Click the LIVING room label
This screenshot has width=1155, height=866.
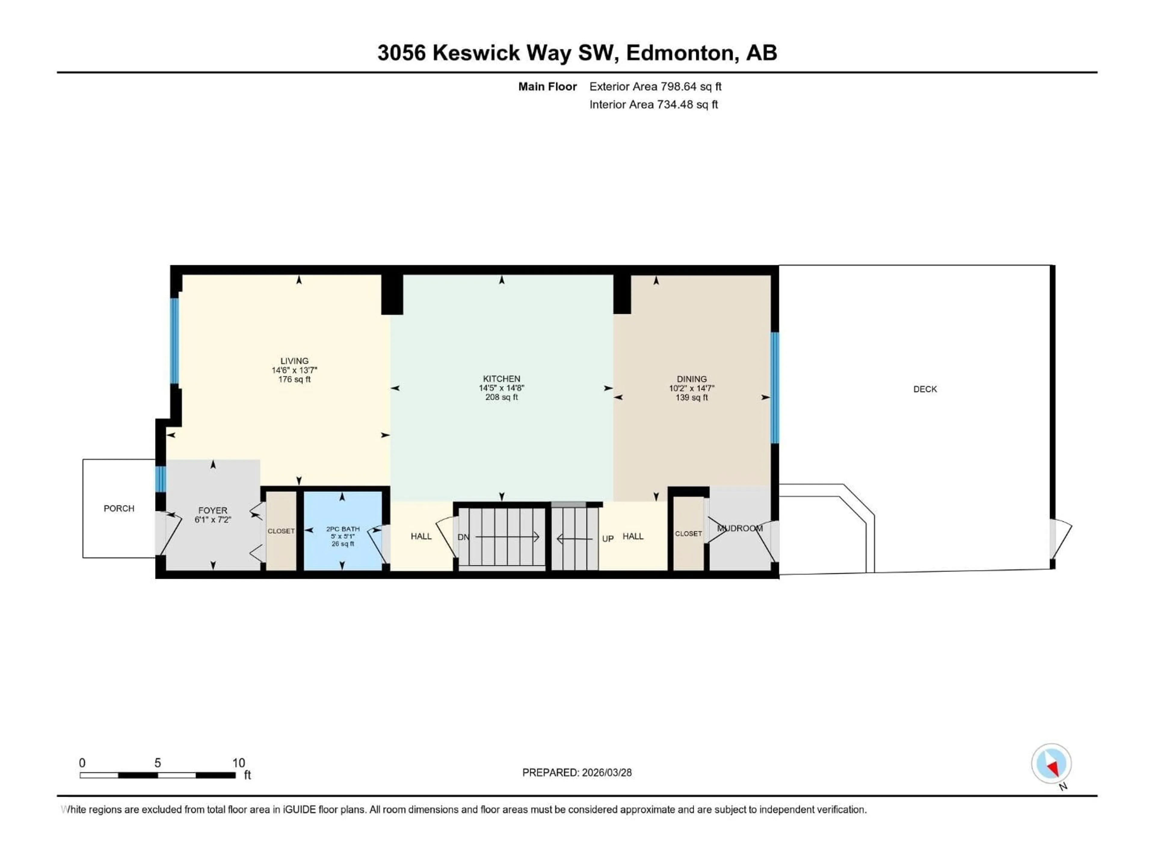[x=294, y=361]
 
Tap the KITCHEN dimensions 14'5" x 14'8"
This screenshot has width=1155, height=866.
[x=501, y=388]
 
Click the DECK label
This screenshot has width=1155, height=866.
[x=925, y=389]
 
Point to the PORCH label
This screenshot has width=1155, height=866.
[x=119, y=508]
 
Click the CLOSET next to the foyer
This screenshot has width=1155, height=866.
[x=281, y=531]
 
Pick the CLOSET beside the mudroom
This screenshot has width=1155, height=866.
[x=688, y=533]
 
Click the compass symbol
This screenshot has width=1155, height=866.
[x=1051, y=763]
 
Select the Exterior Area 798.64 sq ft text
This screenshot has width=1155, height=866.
[x=655, y=87]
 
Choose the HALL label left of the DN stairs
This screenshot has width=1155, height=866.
[x=421, y=536]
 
